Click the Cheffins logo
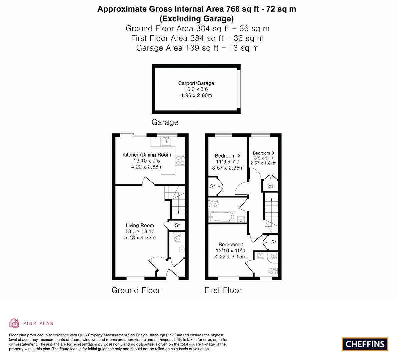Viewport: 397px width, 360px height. tap(365, 344)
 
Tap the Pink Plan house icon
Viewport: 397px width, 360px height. tap(14, 323)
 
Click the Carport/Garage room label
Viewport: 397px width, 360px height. tap(196, 83)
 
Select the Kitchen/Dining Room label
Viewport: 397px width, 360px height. tap(147, 155)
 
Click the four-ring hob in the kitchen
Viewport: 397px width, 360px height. tap(180, 160)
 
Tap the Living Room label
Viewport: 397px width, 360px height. tap(140, 225)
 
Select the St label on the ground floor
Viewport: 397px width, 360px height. tap(177, 225)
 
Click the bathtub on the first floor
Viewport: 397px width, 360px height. tap(222, 217)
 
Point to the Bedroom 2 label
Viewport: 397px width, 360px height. tap(228, 156)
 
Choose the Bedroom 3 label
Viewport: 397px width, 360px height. tap(263, 153)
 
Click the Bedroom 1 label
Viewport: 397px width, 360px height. tap(231, 244)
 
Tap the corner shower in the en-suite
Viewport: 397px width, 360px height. tap(273, 257)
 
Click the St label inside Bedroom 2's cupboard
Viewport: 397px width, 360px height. tap(212, 186)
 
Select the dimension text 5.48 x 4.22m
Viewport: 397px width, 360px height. tap(140, 237)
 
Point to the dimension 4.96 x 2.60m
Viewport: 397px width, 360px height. tap(196, 95)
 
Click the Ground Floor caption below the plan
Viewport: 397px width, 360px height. tap(136, 290)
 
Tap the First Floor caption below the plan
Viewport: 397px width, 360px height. tap(223, 290)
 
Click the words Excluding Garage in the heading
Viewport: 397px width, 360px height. tap(197, 18)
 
